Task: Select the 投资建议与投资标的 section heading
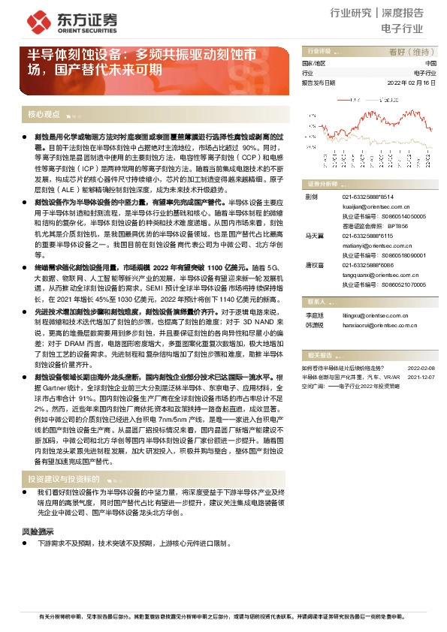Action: tap(64, 479)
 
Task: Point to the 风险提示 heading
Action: tap(38, 531)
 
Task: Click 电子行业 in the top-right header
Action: tap(403, 30)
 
